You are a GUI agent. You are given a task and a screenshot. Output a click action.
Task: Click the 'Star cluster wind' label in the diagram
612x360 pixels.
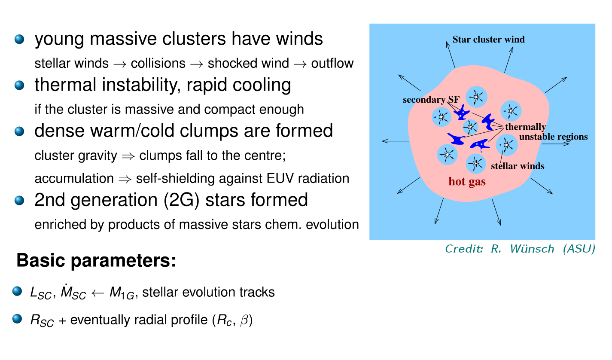tap(488, 40)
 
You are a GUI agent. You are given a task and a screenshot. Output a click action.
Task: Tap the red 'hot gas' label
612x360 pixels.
tap(467, 182)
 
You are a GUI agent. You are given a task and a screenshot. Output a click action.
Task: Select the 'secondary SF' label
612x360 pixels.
tap(431, 100)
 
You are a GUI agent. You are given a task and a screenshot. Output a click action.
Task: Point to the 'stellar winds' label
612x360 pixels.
tap(518, 166)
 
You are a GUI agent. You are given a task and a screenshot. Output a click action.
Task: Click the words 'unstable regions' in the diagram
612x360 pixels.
tap(553, 137)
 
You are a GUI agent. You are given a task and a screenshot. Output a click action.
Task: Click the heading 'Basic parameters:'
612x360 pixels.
tap(96, 260)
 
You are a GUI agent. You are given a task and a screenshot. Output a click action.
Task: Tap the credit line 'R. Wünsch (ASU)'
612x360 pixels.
tap(543, 249)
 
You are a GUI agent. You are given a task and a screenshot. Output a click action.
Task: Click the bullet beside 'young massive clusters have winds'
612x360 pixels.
tap(19, 39)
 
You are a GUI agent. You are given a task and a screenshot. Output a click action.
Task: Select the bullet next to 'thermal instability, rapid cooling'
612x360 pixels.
tap(19, 85)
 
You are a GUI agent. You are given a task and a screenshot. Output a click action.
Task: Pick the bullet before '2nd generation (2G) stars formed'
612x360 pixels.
tap(19, 200)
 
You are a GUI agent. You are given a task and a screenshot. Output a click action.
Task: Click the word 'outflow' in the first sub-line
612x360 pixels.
tap(332, 64)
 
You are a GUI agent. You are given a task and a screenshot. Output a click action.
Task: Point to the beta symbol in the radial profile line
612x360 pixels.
tap(244, 320)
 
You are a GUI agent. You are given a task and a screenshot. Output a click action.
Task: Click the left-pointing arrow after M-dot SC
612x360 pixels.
tap(97, 293)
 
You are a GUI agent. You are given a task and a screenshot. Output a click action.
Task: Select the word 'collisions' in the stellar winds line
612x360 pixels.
tap(158, 64)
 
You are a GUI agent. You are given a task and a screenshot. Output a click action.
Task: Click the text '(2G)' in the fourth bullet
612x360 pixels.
tap(181, 200)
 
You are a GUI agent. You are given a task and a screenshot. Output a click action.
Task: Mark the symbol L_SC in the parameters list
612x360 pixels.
tap(41, 293)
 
